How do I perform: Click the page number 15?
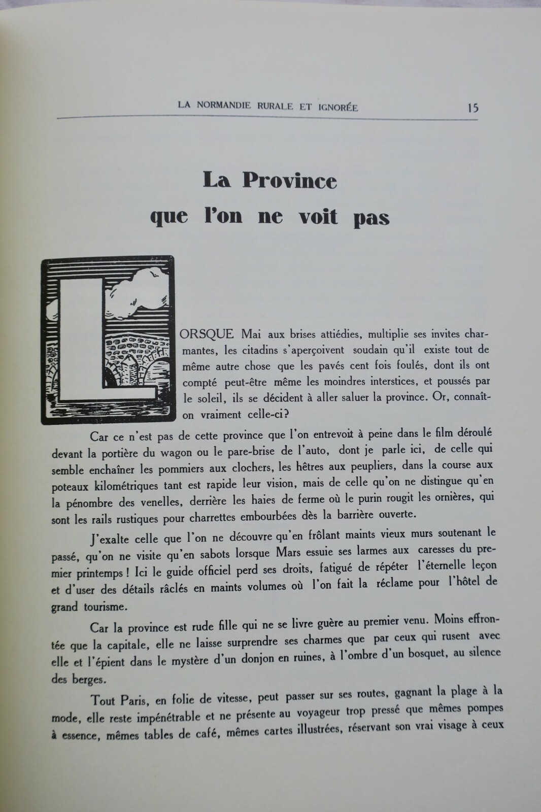coord(474,108)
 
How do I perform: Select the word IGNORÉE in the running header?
coord(336,107)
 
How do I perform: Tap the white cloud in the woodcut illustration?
coord(143,289)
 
